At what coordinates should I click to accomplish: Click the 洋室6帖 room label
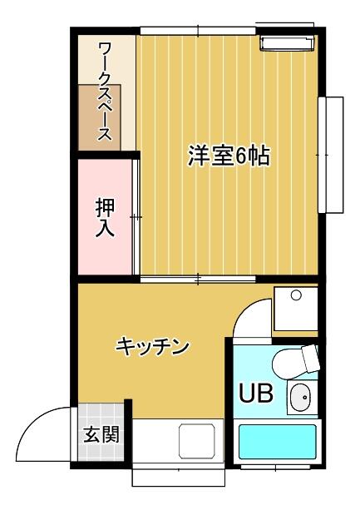(229, 156)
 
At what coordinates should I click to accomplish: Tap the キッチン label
(152, 347)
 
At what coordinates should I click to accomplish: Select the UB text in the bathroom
(256, 393)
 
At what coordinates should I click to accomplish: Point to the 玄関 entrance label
(101, 434)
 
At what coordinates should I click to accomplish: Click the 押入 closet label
(106, 218)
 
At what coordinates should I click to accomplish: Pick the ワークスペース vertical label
(105, 92)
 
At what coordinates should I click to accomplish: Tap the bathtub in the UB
(278, 442)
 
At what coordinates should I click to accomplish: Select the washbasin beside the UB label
(300, 397)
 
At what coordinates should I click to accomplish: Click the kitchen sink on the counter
(197, 441)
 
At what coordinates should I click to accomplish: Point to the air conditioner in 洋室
(287, 43)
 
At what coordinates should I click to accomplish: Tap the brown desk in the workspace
(100, 117)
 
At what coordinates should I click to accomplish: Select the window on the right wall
(330, 155)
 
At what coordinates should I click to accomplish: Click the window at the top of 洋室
(198, 31)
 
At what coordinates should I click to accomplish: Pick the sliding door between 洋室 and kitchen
(198, 279)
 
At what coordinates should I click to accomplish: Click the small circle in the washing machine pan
(296, 295)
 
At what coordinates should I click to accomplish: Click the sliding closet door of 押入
(136, 217)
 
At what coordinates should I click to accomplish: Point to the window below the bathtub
(275, 468)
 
